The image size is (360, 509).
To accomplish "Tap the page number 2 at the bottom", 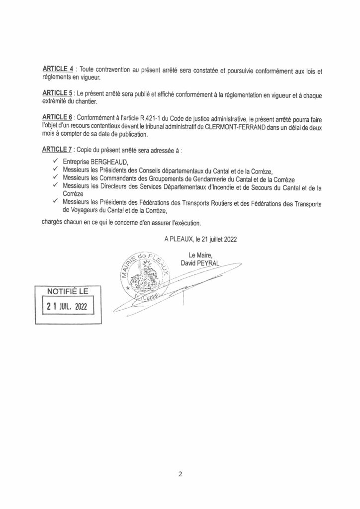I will (180, 474).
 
